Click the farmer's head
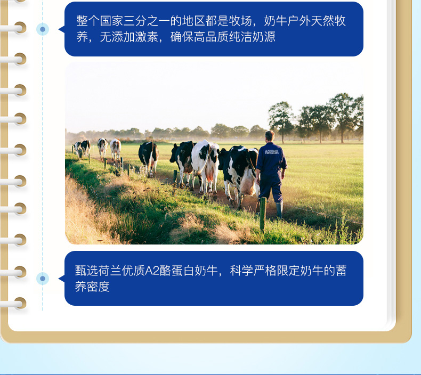[x=270, y=136]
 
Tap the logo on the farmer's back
[x=271, y=152]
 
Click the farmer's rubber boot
[x=279, y=210]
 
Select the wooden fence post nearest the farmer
[x=263, y=214]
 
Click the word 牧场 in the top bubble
[x=240, y=21]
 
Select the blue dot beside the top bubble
[x=43, y=29]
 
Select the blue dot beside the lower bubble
[x=43, y=279]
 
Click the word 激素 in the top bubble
[x=147, y=37]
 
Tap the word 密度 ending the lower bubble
[x=98, y=287]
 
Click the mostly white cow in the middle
[x=205, y=166]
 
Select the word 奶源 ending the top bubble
[x=264, y=37]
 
